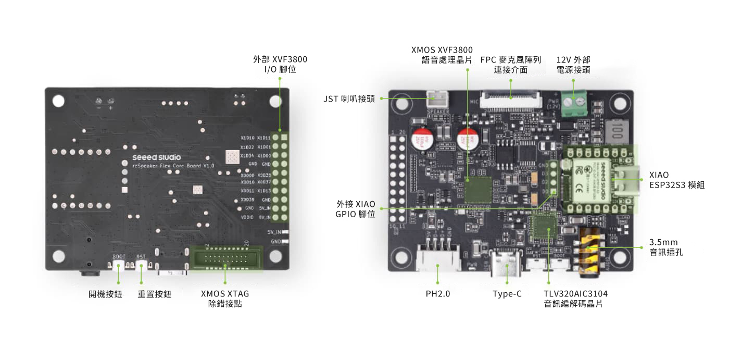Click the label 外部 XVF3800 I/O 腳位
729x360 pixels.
280,64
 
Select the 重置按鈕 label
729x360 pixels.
155,294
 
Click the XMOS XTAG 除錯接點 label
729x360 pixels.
225,299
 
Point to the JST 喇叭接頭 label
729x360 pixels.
349,98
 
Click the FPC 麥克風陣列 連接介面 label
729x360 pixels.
510,65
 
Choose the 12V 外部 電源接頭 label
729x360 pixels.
573,65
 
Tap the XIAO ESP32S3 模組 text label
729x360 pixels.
676,180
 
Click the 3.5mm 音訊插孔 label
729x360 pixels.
666,247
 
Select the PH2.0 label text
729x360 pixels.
437,294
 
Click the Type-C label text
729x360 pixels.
507,294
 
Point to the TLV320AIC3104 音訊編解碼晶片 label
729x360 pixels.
575,299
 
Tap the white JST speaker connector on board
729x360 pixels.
437,99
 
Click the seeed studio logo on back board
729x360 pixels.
157,157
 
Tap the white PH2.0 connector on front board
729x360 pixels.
438,256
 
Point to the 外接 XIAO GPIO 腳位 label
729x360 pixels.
356,209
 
